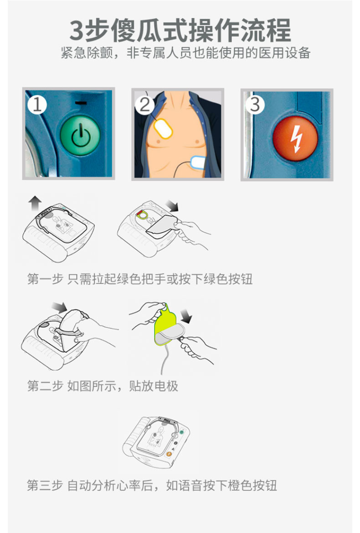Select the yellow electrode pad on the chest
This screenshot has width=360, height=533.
pos(163,128)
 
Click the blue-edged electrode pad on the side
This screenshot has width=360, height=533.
pos(197,162)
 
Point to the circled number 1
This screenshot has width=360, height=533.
pos(37,105)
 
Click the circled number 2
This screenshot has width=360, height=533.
pos(144,105)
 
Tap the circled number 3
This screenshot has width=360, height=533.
pos(255,104)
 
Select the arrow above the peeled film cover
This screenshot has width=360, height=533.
pos(172,206)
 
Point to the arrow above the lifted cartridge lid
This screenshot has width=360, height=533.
pos(59,307)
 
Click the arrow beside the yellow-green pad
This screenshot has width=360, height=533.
pos(186,316)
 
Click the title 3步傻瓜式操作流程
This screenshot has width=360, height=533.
pos(180,31)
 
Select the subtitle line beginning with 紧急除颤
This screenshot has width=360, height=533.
pos(185,53)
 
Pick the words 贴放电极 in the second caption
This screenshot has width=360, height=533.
pos(154,386)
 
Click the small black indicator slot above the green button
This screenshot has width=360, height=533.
pos(81,103)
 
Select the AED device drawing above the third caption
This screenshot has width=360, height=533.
pos(156,442)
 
